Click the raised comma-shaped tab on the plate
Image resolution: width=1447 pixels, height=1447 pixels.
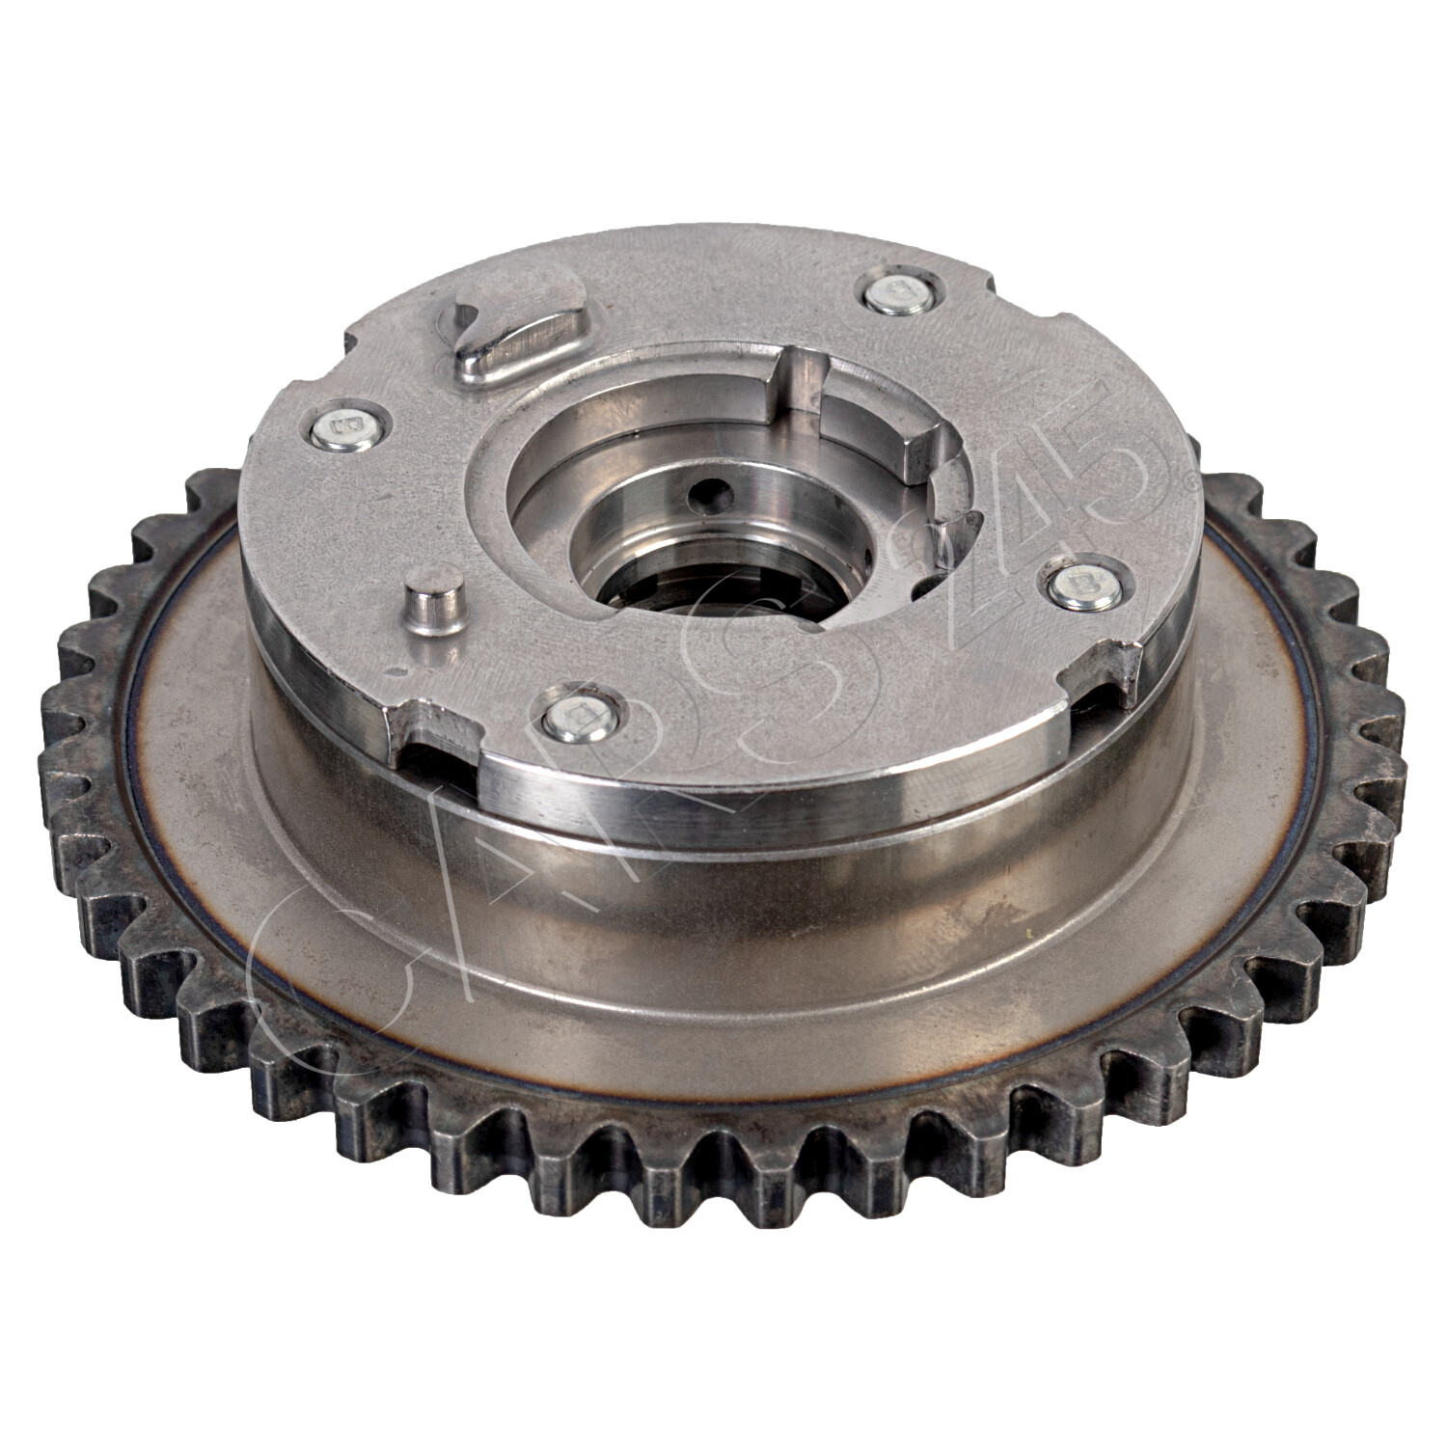point(516,328)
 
